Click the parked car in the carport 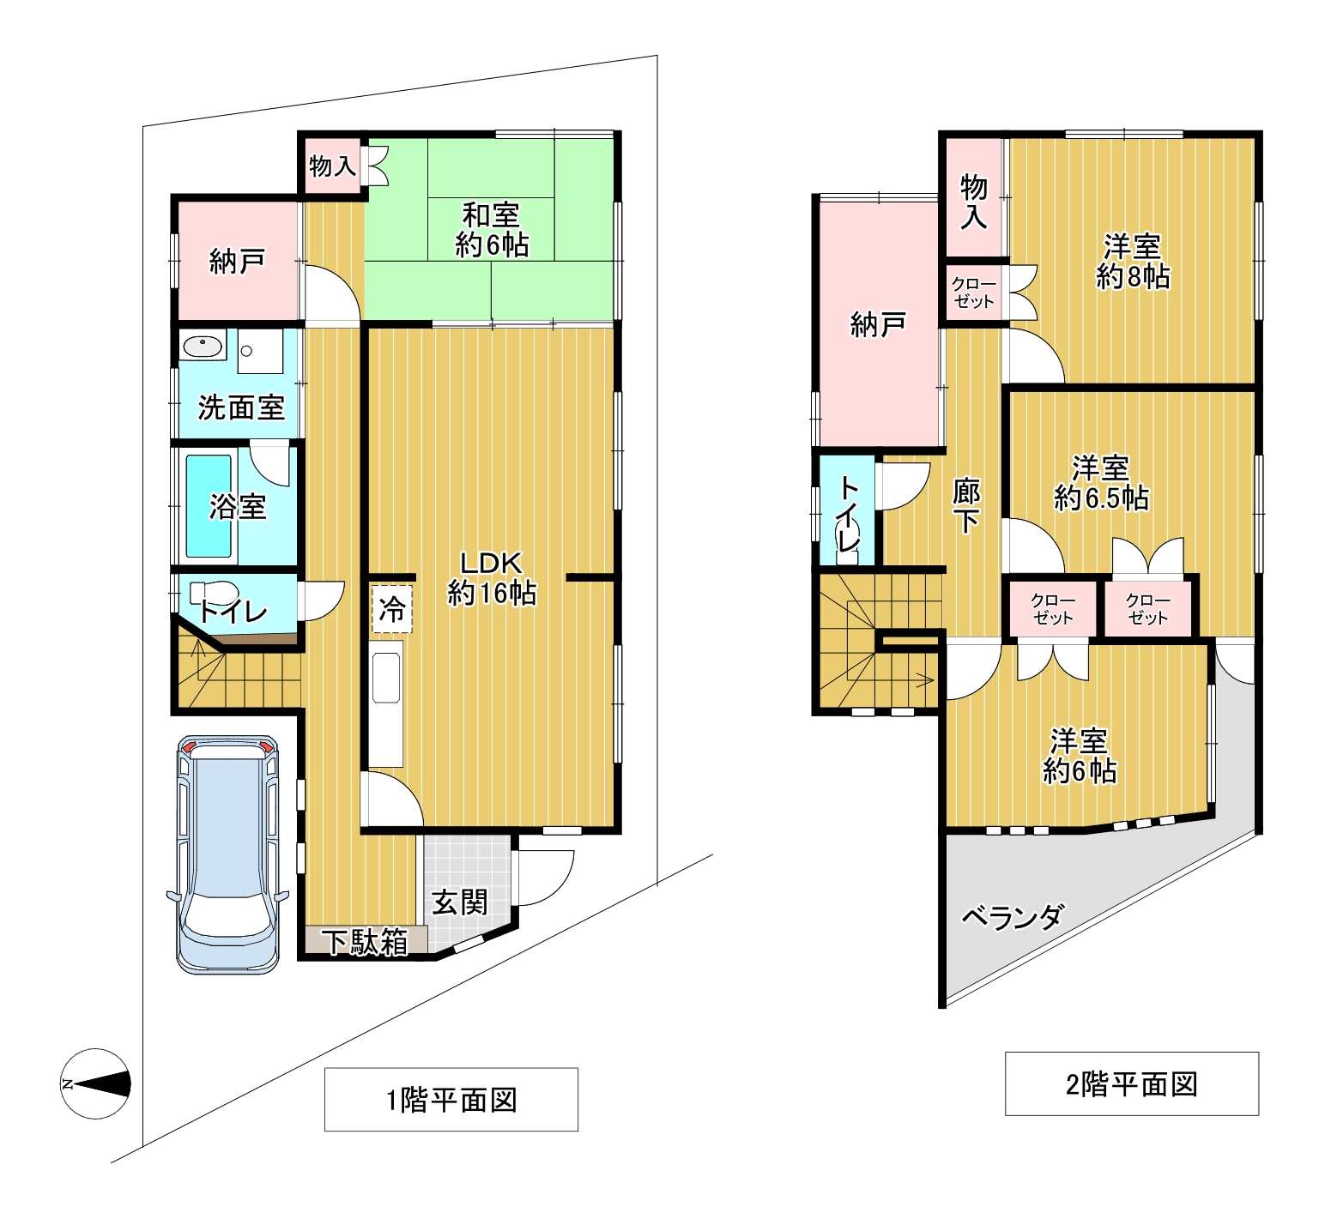(227, 854)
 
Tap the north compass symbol (96, 1083)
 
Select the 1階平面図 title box (451, 1099)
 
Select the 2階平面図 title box (1132, 1083)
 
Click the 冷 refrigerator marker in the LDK (391, 609)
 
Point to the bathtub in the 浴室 (209, 506)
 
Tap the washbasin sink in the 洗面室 (203, 347)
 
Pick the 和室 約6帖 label (491, 230)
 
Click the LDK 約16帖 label (492, 578)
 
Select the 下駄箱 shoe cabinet (366, 942)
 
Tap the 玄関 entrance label (459, 902)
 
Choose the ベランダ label (1013, 917)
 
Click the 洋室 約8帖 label (1133, 262)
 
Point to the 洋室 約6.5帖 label (1101, 483)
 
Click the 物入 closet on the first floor (333, 165)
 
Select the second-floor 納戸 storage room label (878, 324)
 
